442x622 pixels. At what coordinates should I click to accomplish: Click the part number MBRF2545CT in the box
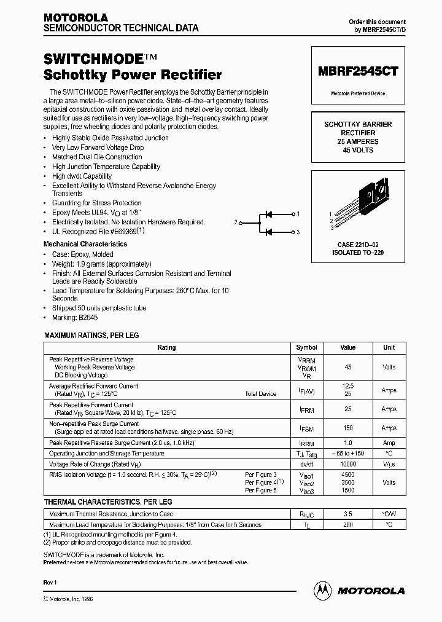(358, 71)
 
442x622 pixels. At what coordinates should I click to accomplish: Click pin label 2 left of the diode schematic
(235, 222)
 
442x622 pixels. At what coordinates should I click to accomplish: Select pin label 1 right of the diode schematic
(298, 214)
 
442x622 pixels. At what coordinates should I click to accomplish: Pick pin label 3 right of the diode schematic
(298, 232)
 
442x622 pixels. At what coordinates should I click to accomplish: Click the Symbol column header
(307, 347)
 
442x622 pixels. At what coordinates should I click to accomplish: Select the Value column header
(349, 347)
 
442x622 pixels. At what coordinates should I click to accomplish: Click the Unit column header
(389, 347)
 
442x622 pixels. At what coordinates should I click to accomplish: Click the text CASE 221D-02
(357, 245)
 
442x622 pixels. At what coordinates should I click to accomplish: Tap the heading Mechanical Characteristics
(85, 244)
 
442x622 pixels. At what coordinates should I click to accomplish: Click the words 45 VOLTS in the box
(358, 150)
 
